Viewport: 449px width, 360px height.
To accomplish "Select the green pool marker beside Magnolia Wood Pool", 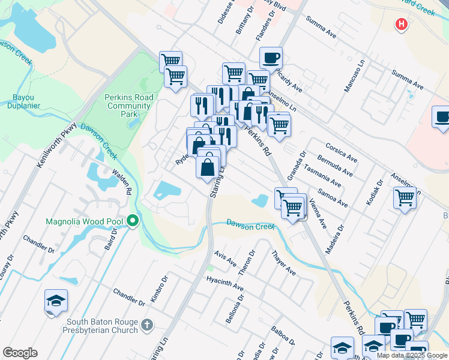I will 133,222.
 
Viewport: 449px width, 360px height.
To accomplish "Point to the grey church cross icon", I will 148,326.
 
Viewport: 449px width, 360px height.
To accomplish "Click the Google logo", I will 20,353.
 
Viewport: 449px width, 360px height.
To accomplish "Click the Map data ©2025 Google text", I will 411,355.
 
